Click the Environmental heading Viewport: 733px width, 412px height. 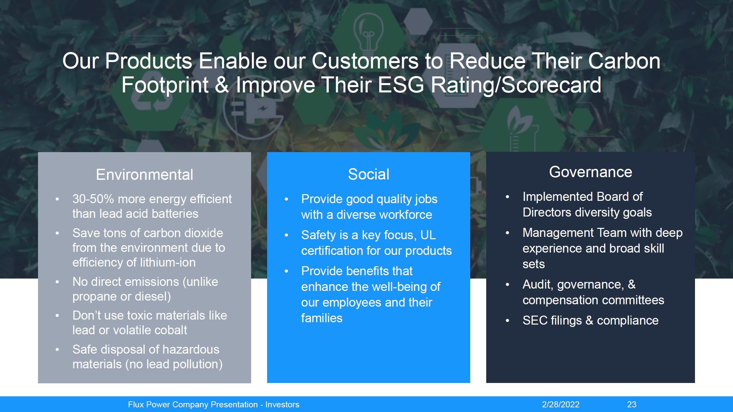click(144, 174)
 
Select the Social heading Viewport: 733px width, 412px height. click(369, 174)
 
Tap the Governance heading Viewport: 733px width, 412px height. click(591, 172)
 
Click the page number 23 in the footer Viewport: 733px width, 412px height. click(632, 404)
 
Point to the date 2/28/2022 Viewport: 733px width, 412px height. click(561, 404)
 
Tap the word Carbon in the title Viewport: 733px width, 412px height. click(624, 61)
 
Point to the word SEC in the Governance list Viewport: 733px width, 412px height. click(534, 320)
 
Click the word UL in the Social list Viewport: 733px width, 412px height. click(428, 235)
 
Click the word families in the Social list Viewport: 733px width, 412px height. click(322, 318)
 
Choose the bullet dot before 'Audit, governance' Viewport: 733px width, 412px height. click(508, 285)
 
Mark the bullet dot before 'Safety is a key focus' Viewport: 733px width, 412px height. click(286, 235)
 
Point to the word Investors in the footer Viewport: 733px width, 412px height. click(282, 404)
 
